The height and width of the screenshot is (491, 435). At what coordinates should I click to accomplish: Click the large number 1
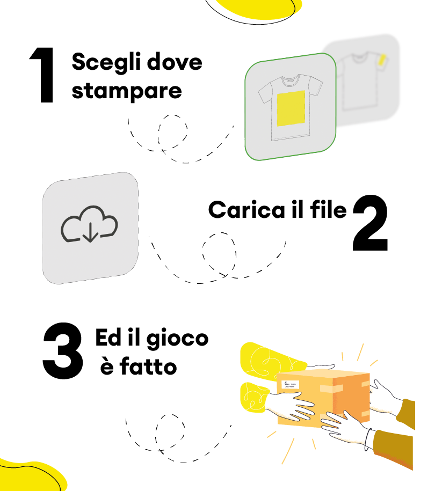tap(42, 75)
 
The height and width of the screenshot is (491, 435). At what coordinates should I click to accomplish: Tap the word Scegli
tap(106, 62)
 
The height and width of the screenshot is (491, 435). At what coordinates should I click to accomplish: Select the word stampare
tap(127, 91)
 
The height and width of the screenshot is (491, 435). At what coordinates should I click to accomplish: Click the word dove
tap(175, 61)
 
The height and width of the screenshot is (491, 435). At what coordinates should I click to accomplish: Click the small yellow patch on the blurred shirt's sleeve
tap(382, 60)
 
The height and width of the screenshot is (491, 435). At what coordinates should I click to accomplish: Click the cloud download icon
tap(89, 224)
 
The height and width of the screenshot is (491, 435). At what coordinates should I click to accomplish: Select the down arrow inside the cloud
tap(90, 232)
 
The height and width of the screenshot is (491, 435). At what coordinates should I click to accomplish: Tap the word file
tap(329, 209)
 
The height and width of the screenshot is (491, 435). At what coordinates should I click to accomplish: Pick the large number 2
tap(370, 223)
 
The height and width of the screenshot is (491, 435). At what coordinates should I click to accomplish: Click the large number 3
tap(63, 351)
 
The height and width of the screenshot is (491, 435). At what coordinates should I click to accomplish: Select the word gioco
tap(178, 339)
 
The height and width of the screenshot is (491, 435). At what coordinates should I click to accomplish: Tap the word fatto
tap(148, 366)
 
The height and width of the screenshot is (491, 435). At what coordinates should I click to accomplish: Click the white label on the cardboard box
tap(290, 384)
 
